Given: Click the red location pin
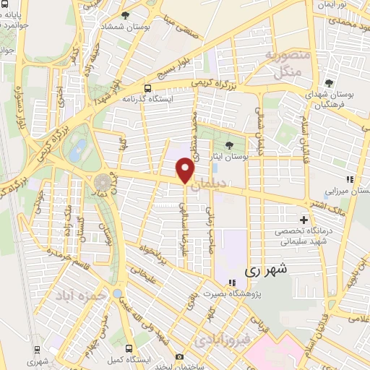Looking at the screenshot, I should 186,170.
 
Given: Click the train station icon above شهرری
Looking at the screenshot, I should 32,348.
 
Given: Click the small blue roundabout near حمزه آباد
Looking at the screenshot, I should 117,293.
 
